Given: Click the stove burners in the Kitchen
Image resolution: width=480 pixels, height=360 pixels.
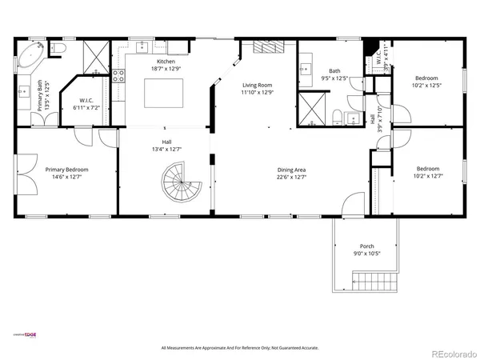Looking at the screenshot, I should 118,77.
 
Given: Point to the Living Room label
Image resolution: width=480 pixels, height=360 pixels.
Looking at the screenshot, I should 258,85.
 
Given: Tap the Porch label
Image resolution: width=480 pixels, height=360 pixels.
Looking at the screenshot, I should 367,246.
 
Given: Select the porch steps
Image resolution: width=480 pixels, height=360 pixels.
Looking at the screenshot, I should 374,282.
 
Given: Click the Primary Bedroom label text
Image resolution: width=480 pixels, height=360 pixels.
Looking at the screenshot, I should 66,170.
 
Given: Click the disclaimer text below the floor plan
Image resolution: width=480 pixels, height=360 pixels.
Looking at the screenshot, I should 240,348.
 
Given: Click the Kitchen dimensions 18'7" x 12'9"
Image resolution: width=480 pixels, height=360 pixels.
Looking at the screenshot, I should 166,70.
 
